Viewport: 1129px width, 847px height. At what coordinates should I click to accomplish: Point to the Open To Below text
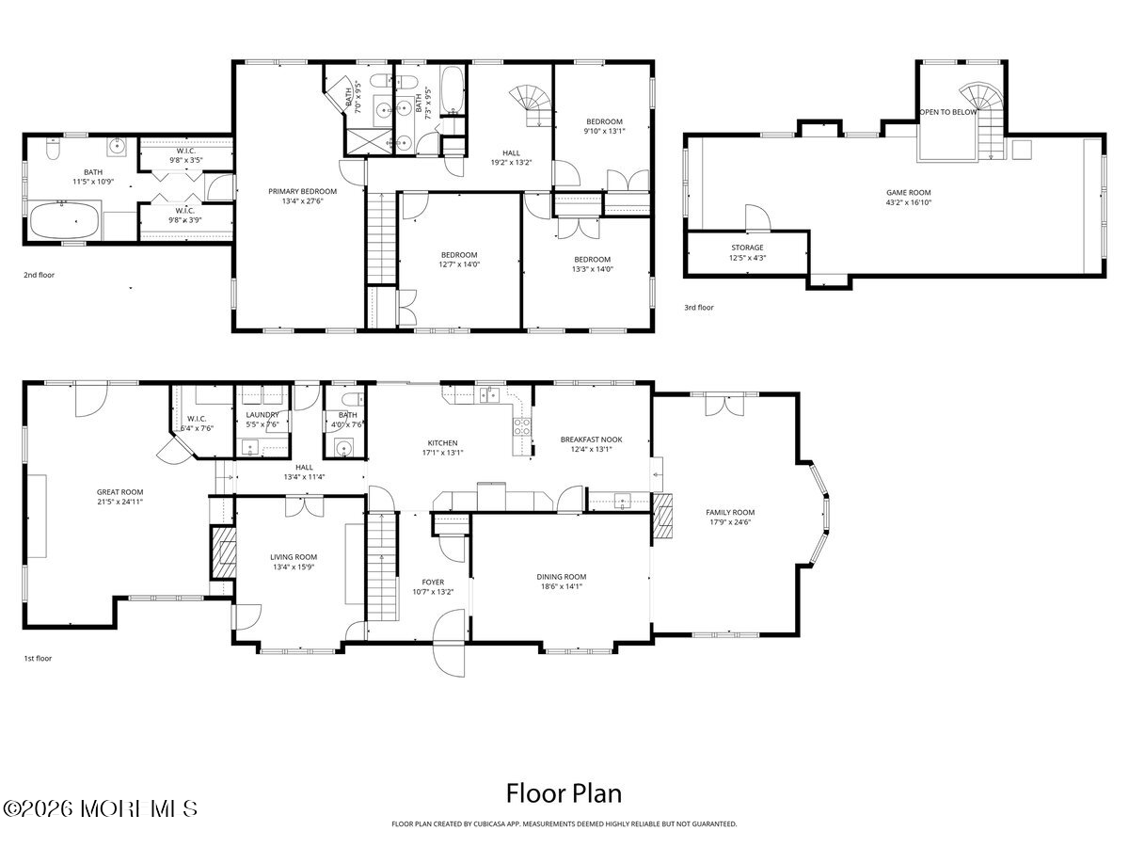(x=947, y=112)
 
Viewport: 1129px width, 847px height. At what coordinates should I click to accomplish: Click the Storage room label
(x=747, y=248)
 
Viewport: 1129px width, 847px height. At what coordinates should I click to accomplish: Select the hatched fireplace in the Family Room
(x=664, y=515)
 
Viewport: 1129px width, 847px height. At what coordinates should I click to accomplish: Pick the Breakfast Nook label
(x=591, y=439)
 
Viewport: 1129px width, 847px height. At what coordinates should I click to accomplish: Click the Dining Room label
(x=561, y=576)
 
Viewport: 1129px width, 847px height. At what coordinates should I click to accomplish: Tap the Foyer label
(x=433, y=583)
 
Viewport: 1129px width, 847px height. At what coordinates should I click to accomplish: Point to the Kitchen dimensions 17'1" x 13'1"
(x=442, y=453)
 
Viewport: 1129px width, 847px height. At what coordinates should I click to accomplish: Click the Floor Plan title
(x=564, y=792)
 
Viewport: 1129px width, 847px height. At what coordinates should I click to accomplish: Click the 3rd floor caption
(x=698, y=308)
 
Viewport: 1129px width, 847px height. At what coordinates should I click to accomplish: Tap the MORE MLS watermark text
(x=100, y=807)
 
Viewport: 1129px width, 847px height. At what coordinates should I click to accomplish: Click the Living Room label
(x=294, y=557)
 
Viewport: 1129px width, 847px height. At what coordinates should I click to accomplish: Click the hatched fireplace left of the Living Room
(x=223, y=551)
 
